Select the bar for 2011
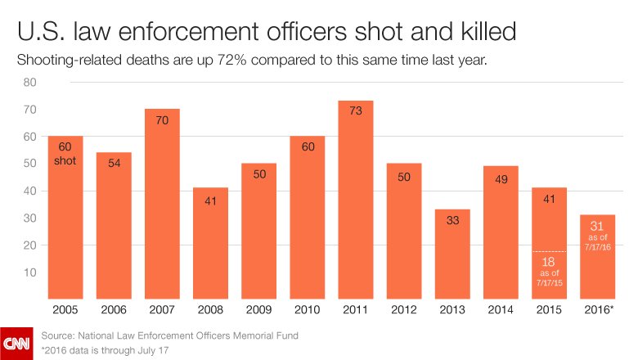[356, 200]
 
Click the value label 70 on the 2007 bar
[163, 120]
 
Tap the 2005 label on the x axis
[66, 312]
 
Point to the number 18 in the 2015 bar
[548, 263]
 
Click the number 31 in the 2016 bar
[596, 227]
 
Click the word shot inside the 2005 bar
[66, 160]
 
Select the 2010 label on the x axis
[308, 312]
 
